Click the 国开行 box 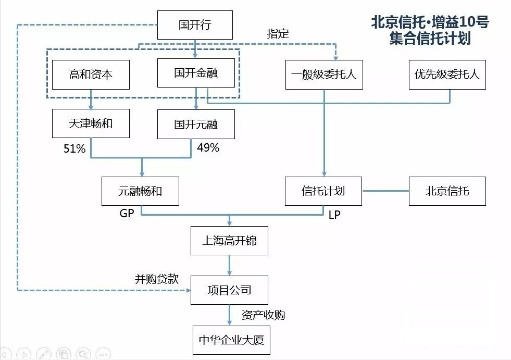(x=195, y=25)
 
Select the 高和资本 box (x=91, y=75)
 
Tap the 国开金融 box (x=196, y=73)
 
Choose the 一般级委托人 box (x=324, y=75)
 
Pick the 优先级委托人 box (x=447, y=75)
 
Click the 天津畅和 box (x=91, y=123)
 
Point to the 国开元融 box (x=196, y=124)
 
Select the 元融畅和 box (x=140, y=191)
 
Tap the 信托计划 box (x=323, y=191)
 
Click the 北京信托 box (x=447, y=191)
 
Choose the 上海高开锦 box (x=229, y=241)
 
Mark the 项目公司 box (x=229, y=290)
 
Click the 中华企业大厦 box (x=231, y=340)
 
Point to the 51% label (x=74, y=148)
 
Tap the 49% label (x=208, y=148)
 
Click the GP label (x=127, y=213)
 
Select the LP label (x=334, y=215)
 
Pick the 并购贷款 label (x=157, y=279)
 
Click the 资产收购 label (x=263, y=315)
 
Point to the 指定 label (x=278, y=33)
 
